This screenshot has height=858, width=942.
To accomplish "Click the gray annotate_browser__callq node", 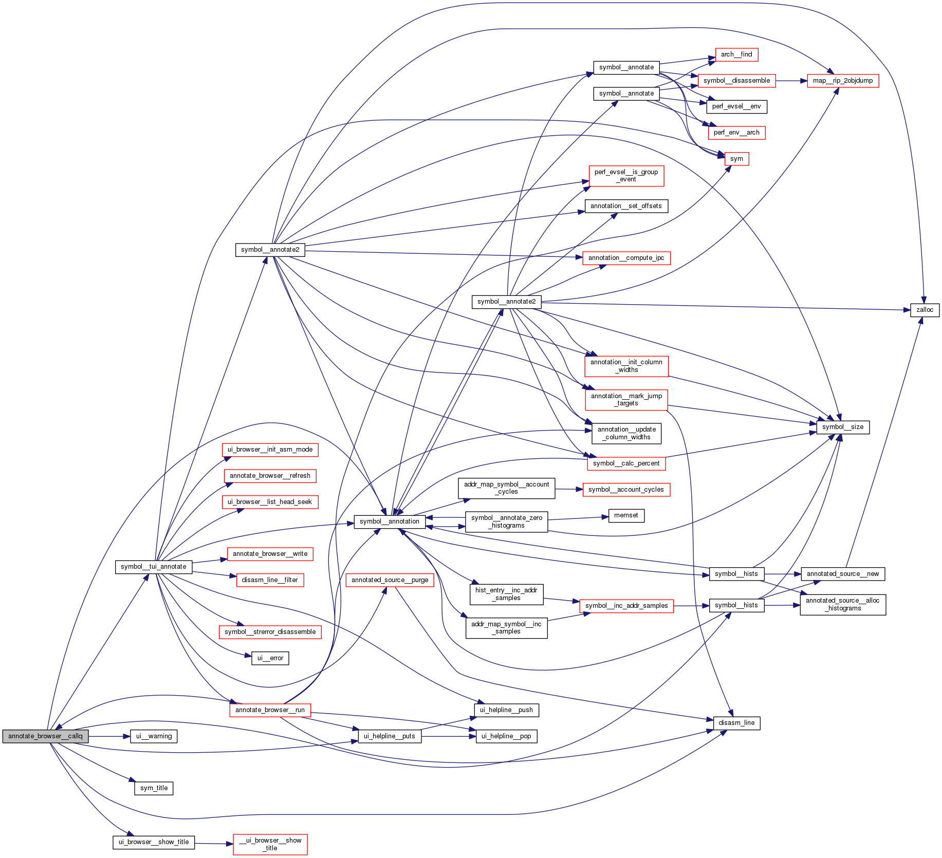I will [x=45, y=736].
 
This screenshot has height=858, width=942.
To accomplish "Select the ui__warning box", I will [x=154, y=736].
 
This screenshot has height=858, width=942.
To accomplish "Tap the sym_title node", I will [x=154, y=788].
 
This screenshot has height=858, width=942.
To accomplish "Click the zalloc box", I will [x=925, y=310].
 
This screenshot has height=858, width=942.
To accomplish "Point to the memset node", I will [x=626, y=515].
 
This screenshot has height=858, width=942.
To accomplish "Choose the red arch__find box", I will [x=736, y=54].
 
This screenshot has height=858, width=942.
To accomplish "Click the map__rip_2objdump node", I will [x=843, y=81].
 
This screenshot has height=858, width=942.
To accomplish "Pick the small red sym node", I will [x=736, y=159].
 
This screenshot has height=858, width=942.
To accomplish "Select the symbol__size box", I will [x=843, y=427].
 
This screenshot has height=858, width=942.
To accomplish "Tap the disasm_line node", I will [x=736, y=723].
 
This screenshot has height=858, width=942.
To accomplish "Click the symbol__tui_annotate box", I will [x=154, y=567].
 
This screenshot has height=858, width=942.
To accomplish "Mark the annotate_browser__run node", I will [x=270, y=710].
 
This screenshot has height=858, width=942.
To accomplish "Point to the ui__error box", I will [x=270, y=658].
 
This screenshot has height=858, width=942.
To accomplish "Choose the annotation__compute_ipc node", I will [x=626, y=258].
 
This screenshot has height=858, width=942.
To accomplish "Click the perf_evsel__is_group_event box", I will [x=626, y=176].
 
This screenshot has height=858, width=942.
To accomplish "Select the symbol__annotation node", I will [x=390, y=521].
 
